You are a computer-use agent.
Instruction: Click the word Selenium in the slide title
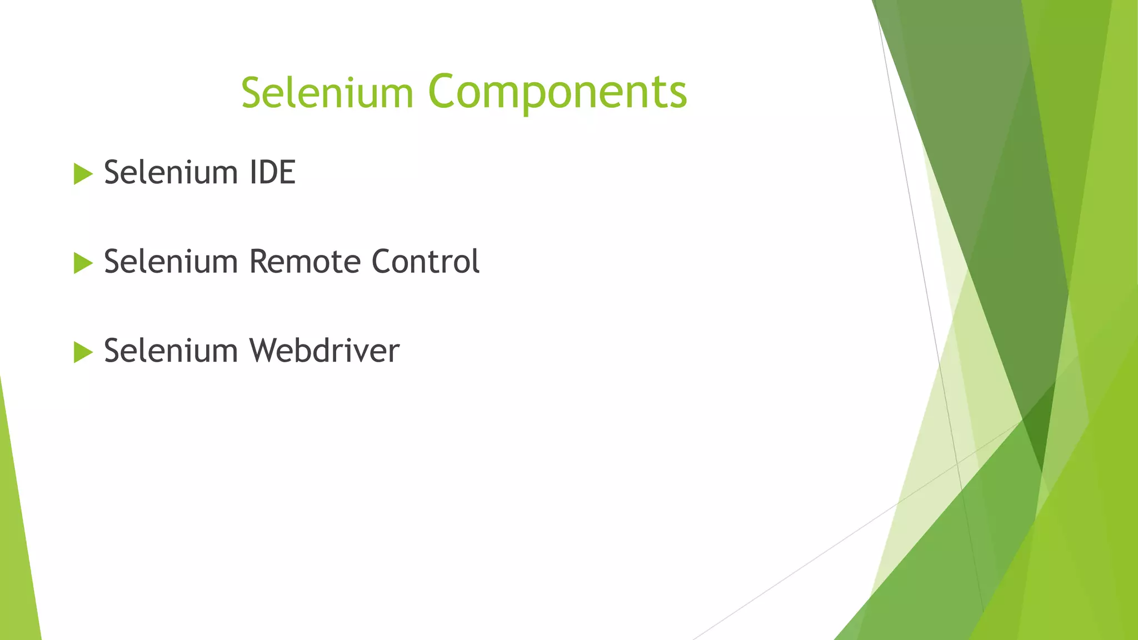(x=327, y=92)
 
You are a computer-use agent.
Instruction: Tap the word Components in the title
(x=557, y=92)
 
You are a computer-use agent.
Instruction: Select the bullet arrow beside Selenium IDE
(x=83, y=174)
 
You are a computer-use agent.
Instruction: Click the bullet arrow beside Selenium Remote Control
(x=83, y=263)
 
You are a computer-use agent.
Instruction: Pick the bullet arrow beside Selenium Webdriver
(x=83, y=352)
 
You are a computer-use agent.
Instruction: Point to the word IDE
(x=272, y=173)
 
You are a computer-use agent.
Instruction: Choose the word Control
(x=425, y=262)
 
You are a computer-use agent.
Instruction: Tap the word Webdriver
(x=324, y=351)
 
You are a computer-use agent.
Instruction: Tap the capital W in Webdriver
(x=265, y=351)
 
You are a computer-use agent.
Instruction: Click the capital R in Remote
(x=259, y=262)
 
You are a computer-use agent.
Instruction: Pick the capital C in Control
(x=382, y=262)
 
